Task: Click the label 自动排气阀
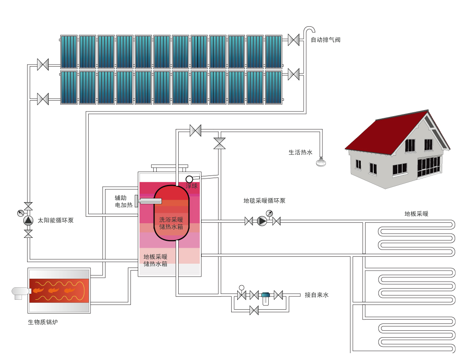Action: coord(325,40)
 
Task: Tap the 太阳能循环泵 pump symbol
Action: coord(28,220)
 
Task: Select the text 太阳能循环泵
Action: coord(56,220)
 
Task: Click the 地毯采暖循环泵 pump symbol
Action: coord(262,221)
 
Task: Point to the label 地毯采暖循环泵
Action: coord(264,200)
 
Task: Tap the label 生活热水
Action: coord(300,152)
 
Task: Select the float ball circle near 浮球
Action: coord(189,179)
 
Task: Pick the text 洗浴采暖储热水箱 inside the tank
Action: coord(171,223)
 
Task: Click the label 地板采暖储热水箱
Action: coord(155,260)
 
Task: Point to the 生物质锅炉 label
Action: coord(43,322)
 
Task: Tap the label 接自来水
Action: coord(316,295)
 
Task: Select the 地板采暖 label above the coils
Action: coord(416,214)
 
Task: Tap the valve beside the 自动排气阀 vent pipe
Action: coord(294,40)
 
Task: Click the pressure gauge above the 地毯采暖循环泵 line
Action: coord(270,213)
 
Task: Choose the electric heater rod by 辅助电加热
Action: coord(149,201)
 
